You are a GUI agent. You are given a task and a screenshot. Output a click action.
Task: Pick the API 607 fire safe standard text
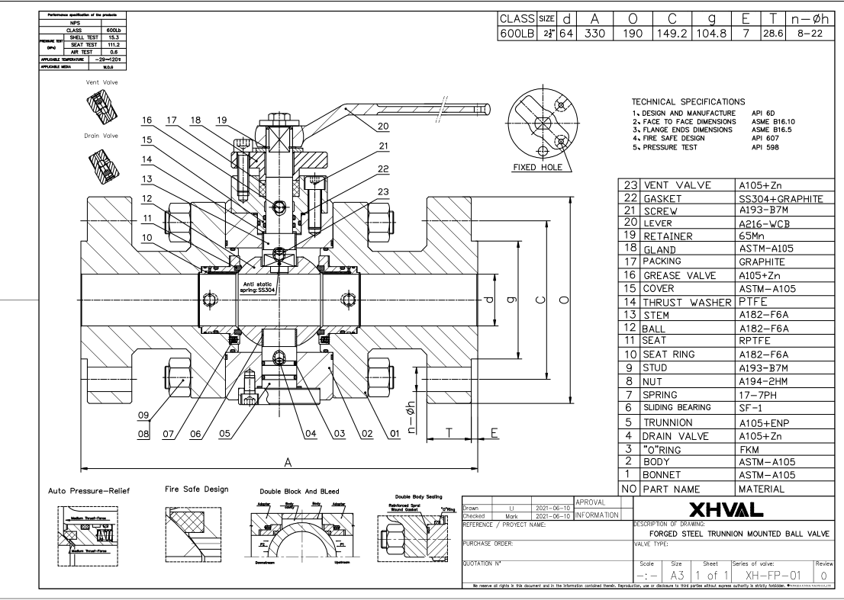point(762,138)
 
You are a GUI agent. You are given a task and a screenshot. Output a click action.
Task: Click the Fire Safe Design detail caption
point(196,489)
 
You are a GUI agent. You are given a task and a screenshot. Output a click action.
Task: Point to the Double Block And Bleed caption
point(299,492)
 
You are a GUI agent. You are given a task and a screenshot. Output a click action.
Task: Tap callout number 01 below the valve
point(395,433)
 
